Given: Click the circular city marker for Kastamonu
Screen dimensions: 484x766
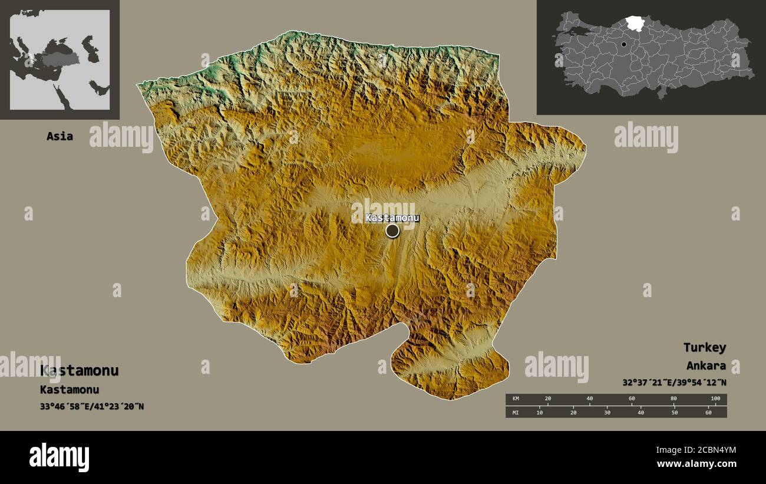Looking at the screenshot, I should pos(392,231).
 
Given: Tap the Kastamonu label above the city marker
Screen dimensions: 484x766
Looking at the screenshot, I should pos(392,218).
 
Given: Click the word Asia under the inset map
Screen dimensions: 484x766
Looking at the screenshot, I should pos(60,136).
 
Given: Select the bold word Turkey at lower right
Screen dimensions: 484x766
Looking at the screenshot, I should pos(704,347).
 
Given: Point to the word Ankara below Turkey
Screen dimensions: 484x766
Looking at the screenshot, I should pos(706,366).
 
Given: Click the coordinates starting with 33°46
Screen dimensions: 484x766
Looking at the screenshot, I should pos(92,406).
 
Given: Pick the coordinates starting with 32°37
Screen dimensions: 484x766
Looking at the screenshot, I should pos(674,382).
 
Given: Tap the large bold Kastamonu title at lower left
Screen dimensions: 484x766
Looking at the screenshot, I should pos(80,370).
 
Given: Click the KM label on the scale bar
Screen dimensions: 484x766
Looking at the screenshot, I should pos(516,399).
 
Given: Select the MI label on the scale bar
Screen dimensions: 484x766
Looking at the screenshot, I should pos(516,412).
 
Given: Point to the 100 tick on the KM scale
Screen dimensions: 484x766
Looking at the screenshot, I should pos(715,399).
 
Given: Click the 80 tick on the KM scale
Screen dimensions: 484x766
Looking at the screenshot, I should pos(673,399).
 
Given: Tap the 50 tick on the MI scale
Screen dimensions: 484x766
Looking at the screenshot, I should pos(674,412).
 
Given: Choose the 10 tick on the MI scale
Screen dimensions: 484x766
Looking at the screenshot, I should pos(540,412).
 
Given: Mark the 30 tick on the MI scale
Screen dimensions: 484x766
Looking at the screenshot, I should pos(607,412).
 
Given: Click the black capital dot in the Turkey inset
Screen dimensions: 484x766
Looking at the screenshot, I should pos(623,44).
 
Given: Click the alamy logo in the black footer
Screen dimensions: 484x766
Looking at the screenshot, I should pos(59,457).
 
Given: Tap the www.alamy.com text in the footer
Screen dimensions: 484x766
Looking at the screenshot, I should pos(696,464).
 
